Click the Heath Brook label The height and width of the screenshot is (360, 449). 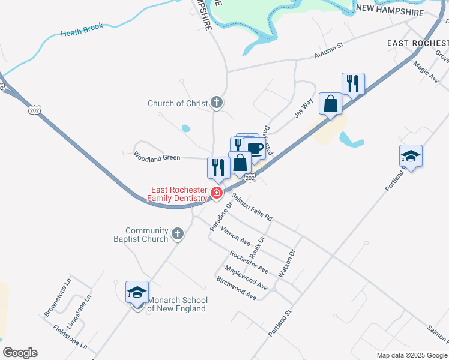click(82, 30)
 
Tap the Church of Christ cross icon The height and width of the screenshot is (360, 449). click(217, 103)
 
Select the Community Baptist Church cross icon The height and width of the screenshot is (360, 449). click(177, 234)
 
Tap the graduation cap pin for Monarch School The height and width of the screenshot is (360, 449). click(137, 293)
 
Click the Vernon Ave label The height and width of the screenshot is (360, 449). click(235, 236)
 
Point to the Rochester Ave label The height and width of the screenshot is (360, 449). click(249, 262)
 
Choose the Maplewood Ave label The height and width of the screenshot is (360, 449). click(246, 277)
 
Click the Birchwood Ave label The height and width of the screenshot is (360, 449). click(236, 289)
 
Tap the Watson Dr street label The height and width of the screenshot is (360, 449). click(287, 264)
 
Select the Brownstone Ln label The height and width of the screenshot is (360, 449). click(58, 298)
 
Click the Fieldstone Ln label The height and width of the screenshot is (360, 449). click(70, 337)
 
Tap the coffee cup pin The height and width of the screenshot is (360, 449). click(255, 149)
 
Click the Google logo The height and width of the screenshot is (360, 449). click(20, 353)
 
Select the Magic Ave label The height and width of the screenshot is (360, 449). click(427, 70)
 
